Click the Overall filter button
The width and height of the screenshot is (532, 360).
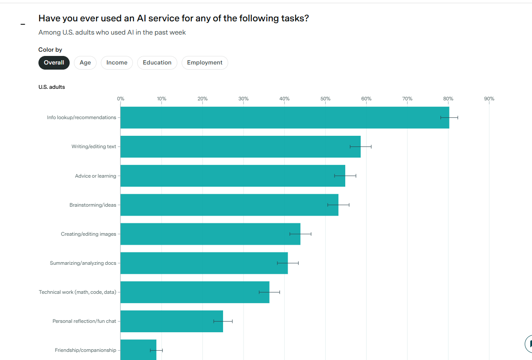pyautogui.click(x=54, y=63)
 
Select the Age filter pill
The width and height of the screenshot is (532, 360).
pyautogui.click(x=85, y=63)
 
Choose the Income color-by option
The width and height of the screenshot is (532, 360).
pyautogui.click(x=117, y=63)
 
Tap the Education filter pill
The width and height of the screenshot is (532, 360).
pyautogui.click(x=157, y=63)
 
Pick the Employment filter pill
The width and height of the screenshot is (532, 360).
pyautogui.click(x=205, y=63)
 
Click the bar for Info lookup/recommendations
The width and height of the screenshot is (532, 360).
pyautogui.click(x=284, y=117)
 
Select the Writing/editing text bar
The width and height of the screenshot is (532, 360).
pyautogui.click(x=240, y=146)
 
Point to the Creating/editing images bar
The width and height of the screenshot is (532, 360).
pyautogui.click(x=210, y=234)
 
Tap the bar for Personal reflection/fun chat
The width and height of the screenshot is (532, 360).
pyautogui.click(x=171, y=321)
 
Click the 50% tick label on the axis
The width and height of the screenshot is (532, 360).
pyautogui.click(x=325, y=99)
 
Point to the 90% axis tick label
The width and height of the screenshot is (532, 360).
pyautogui.click(x=489, y=99)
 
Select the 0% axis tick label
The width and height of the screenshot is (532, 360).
pyautogui.click(x=121, y=99)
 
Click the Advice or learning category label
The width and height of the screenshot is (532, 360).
pyautogui.click(x=95, y=176)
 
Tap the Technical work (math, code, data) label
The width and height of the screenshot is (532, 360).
pyautogui.click(x=77, y=292)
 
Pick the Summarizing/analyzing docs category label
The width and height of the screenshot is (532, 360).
pyautogui.click(x=83, y=263)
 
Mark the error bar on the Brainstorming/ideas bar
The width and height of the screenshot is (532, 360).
pyautogui.click(x=338, y=205)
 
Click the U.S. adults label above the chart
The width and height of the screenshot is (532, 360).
pyautogui.click(x=52, y=87)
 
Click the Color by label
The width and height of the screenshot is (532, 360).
pyautogui.click(x=50, y=50)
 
